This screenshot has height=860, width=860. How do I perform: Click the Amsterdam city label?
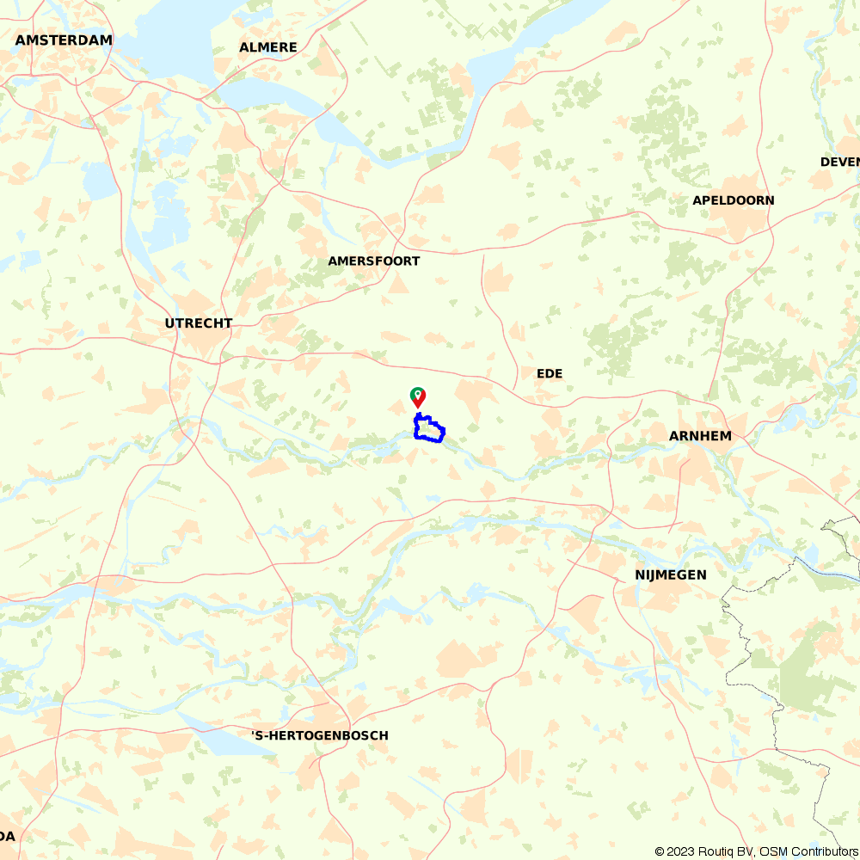point(64,40)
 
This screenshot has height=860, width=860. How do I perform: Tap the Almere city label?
point(268,47)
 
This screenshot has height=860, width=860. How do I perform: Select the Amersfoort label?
point(373,261)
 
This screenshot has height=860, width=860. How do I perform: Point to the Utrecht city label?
point(199,323)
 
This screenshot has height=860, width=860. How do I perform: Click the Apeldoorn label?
point(733,200)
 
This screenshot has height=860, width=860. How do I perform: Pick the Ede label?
point(550,373)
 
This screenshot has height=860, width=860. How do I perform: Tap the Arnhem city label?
point(700,436)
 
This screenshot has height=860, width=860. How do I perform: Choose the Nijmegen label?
point(671,574)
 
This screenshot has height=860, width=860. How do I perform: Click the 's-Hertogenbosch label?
point(320,735)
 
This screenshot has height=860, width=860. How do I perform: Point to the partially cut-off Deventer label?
point(839,162)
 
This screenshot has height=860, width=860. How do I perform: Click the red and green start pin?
point(417,396)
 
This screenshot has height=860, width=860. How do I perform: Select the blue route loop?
point(429,428)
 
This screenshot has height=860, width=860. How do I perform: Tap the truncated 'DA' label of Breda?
point(7,836)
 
